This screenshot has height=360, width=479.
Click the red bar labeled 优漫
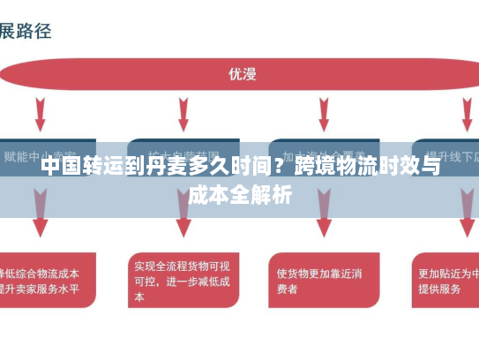pyautogui.click(x=240, y=74)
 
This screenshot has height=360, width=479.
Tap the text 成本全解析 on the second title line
pyautogui.click(x=239, y=195)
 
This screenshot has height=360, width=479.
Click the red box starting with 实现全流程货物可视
pyautogui.click(x=182, y=281)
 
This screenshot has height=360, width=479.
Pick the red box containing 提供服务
pyautogui.click(x=445, y=281)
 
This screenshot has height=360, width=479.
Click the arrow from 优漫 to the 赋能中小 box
pyautogui.click(x=41, y=114)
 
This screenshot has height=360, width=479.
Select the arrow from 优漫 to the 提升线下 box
pyautogui.click(x=467, y=114)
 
